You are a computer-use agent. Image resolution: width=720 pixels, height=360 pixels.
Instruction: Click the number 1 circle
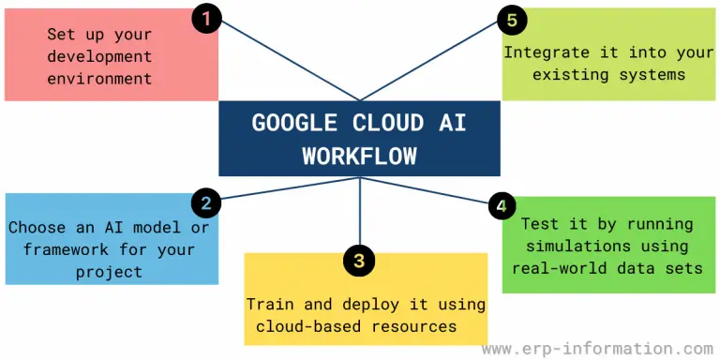coord(207,19)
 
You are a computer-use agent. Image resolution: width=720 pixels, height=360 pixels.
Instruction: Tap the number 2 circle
coord(205,202)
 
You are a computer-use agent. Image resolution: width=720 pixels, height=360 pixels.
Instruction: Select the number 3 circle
coord(358,260)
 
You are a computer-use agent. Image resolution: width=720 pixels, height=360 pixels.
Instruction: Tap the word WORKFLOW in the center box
coord(360,156)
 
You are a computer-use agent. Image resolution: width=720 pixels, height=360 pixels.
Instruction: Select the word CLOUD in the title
coord(382,124)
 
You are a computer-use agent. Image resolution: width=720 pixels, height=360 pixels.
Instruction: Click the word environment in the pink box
coord(100,79)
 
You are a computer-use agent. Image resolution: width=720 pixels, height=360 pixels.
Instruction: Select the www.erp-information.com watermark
coord(596,348)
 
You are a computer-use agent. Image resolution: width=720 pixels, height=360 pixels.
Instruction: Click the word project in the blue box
coord(110,271)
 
